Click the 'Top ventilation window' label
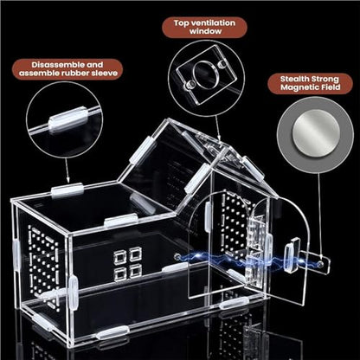click(204, 27)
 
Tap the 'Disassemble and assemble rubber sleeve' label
click(67, 69)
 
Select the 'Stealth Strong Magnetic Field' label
click(310, 83)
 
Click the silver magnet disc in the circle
click(316, 133)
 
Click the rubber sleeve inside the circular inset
click(67, 119)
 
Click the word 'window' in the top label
click(205, 31)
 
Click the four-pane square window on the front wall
click(128, 262)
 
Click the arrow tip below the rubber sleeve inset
click(67, 182)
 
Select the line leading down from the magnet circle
click(319, 216)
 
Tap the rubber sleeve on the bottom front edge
click(112, 332)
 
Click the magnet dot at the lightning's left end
click(177, 256)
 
